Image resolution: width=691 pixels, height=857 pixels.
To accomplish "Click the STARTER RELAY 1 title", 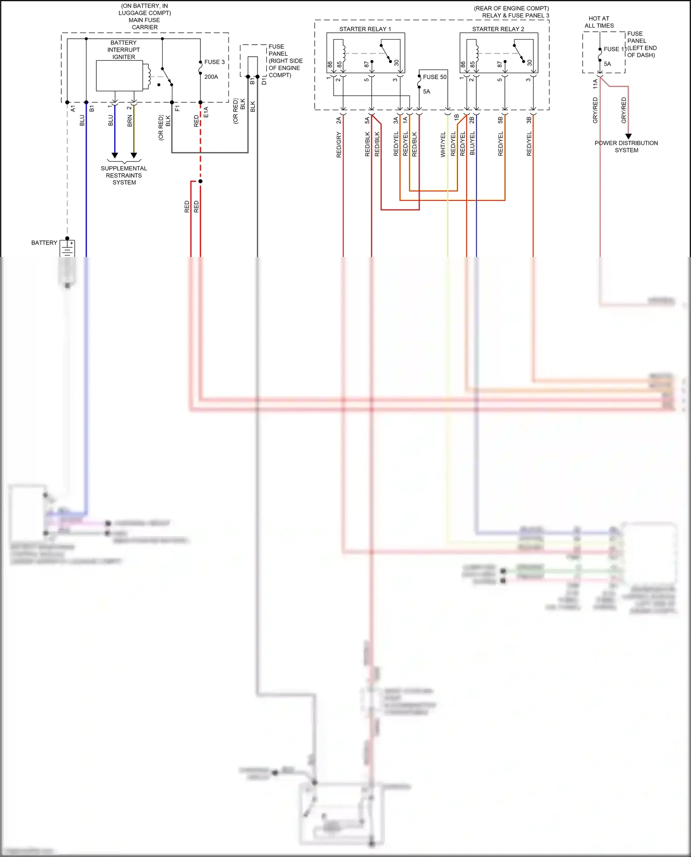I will [365, 29].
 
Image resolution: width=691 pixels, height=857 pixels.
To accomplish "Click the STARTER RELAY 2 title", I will [498, 29].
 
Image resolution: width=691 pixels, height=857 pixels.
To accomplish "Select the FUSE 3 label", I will [214, 62].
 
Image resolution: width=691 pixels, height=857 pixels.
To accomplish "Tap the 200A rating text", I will [211, 77].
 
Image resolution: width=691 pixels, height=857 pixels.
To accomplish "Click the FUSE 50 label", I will [434, 77].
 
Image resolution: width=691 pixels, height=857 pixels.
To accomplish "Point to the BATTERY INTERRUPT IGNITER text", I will [123, 50].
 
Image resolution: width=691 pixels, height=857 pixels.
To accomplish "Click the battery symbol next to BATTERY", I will [68, 249].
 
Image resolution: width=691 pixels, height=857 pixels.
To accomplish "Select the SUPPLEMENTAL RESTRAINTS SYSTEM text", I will [124, 175].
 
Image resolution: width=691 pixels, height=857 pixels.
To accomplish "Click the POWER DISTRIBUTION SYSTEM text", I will [626, 146].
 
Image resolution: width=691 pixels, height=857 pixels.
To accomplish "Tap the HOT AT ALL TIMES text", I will [599, 22].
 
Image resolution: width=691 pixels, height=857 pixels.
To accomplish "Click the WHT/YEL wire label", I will [443, 145].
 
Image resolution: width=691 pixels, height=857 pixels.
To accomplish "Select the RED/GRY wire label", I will [339, 145].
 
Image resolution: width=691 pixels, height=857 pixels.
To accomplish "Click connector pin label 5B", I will [501, 120].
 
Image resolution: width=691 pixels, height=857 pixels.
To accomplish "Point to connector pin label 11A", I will [595, 83].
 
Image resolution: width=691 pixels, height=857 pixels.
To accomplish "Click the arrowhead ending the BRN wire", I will [134, 156].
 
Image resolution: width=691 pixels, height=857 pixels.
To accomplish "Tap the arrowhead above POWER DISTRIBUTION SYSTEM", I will [628, 136].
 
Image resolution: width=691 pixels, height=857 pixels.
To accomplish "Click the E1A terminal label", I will [206, 112].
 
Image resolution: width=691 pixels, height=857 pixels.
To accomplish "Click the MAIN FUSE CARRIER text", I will [145, 23].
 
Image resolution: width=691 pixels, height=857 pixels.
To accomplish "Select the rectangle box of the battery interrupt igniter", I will [119, 76].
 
